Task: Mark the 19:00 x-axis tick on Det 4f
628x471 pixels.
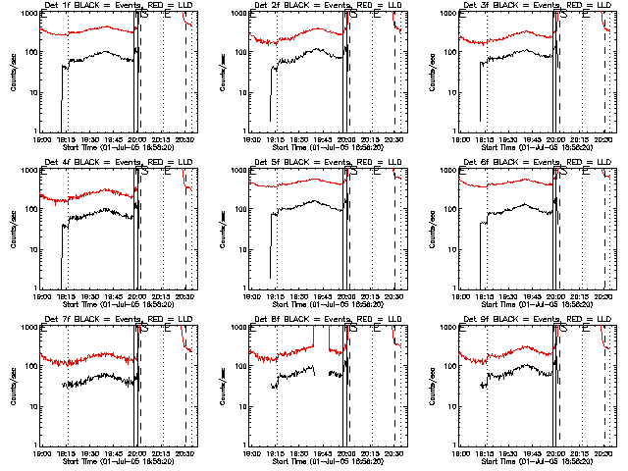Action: click(40, 295)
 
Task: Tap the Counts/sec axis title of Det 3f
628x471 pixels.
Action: click(431, 74)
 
